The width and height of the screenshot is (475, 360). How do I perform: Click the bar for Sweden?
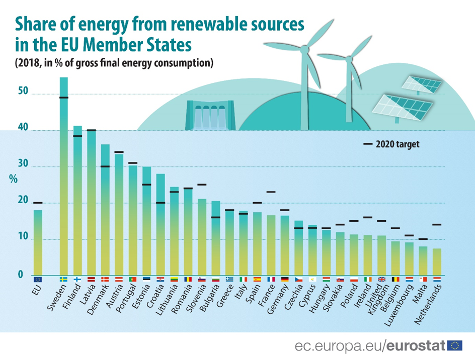tap(64, 176)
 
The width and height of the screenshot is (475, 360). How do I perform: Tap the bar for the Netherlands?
tap(437, 261)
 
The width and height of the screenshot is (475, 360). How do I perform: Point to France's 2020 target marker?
tap(271, 192)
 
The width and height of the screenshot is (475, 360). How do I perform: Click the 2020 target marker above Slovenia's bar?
tap(202, 185)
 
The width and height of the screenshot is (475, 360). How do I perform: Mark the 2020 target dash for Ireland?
tap(368, 217)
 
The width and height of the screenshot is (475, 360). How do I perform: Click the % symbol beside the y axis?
tap(14, 179)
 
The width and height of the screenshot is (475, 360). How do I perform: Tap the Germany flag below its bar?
tap(285, 279)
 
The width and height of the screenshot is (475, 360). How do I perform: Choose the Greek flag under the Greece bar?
tap(229, 279)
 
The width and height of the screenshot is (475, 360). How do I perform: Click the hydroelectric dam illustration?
tap(210, 116)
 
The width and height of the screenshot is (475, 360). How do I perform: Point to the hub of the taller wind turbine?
tap(304, 48)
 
